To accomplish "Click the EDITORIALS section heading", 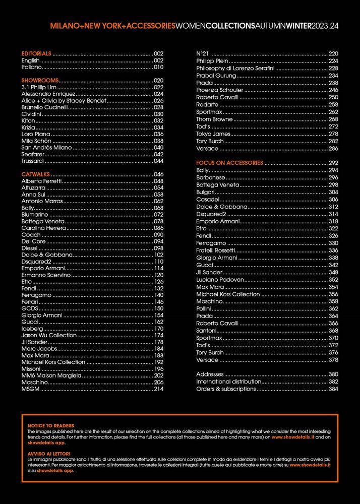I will tap(36, 53).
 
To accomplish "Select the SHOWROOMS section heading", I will tap(40, 80).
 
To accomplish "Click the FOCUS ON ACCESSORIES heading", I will tap(229, 163).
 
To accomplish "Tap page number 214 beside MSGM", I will tap(159, 389).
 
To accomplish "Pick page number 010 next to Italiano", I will tap(159, 67).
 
